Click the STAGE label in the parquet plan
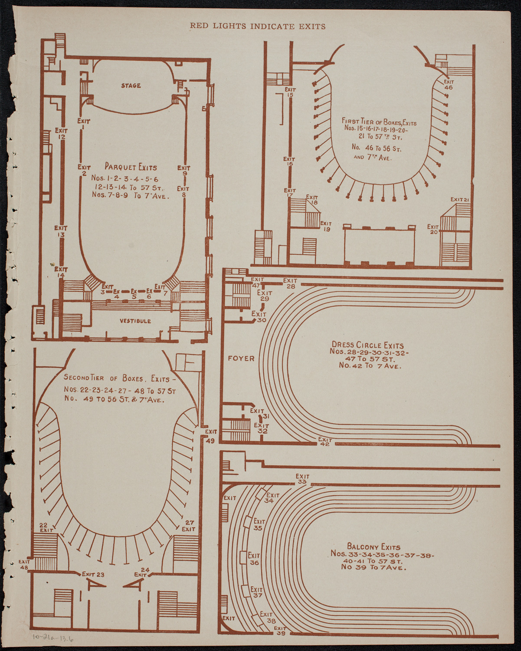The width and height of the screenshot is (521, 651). coord(131,85)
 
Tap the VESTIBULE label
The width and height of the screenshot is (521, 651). coord(135,321)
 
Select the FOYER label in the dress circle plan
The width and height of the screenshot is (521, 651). coord(241,358)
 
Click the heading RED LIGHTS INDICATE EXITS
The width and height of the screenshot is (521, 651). coord(258,26)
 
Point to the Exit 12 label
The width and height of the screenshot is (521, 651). coord(61,133)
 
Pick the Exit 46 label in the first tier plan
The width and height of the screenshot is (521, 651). coord(448,84)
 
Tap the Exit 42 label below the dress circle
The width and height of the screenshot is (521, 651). coord(325,441)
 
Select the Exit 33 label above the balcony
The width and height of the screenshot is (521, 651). coord(302,479)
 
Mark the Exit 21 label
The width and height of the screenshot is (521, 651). coord(460,199)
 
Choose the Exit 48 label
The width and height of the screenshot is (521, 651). coord(24,564)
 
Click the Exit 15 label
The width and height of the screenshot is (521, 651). coord(290,92)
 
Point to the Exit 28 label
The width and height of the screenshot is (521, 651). coord(290,283)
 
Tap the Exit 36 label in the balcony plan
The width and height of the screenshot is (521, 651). coord(254,559)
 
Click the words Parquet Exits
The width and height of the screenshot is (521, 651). coord(131,167)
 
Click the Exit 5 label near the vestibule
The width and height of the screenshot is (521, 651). coord(134,294)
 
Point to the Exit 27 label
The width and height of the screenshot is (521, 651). coord(189,526)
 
